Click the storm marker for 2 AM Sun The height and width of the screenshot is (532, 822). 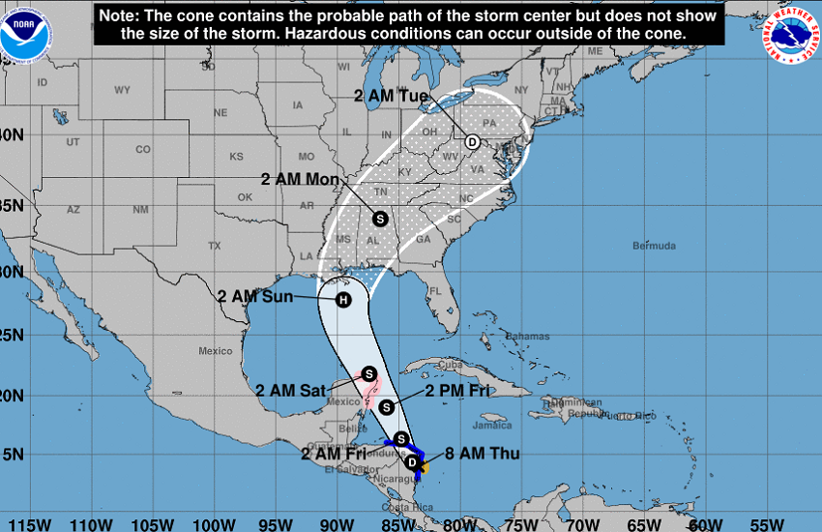point(342,300)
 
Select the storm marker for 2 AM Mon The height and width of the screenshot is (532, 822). point(379,219)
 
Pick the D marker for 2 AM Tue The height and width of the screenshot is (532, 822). point(473,141)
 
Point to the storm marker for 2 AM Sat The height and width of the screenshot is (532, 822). point(368,373)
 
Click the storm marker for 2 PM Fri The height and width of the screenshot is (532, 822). point(387,406)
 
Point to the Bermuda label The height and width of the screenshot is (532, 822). point(654,246)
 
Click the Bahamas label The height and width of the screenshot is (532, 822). point(527,337)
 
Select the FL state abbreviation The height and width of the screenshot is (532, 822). point(435,290)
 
